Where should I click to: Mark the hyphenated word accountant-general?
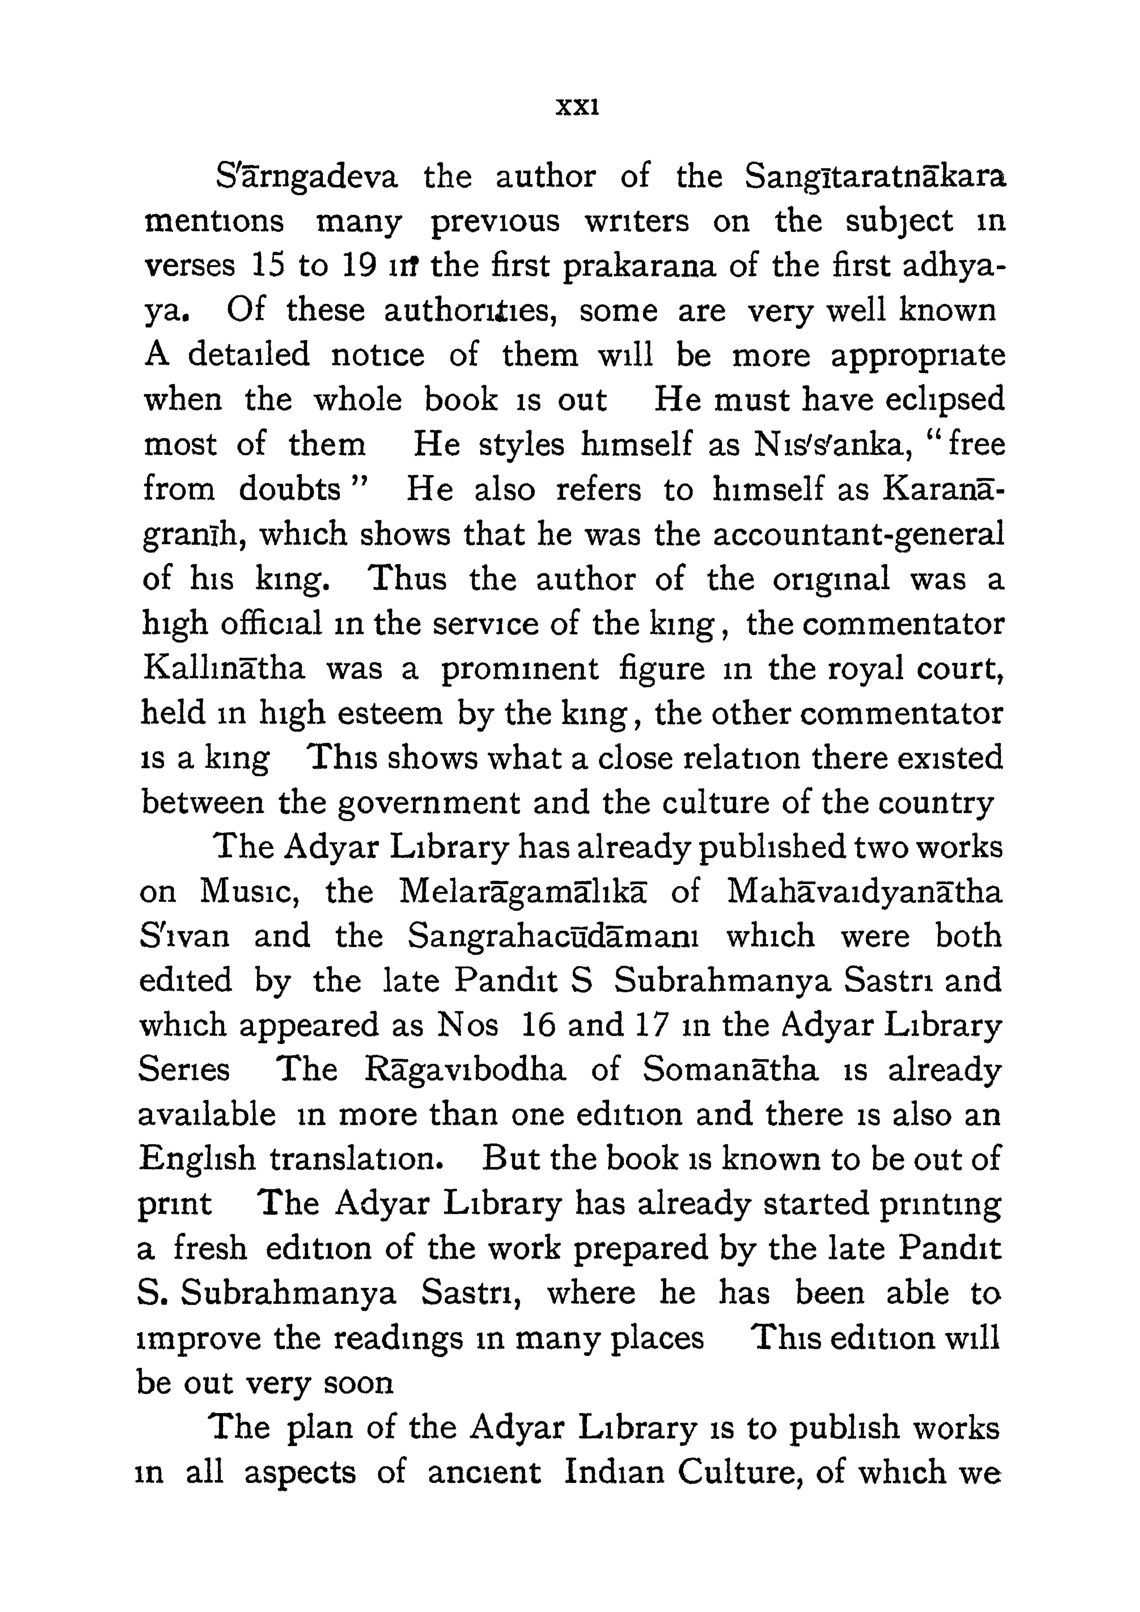pyautogui.click(x=858, y=535)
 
